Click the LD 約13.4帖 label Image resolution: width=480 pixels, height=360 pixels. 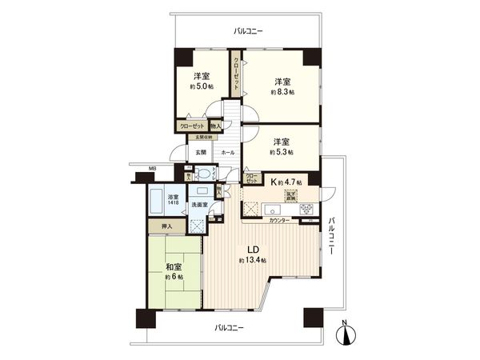tap(251, 255)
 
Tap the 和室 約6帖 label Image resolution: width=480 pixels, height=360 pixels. tap(175, 271)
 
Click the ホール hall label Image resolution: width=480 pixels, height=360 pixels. tap(227, 152)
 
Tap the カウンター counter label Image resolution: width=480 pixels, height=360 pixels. tap(279, 219)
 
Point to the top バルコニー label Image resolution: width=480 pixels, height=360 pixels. tap(248, 30)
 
